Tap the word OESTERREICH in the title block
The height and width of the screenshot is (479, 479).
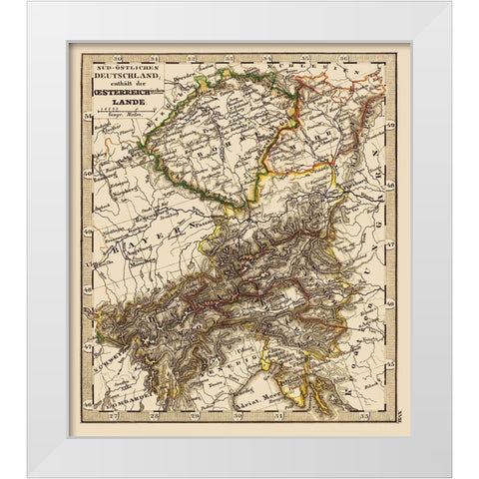117,93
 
